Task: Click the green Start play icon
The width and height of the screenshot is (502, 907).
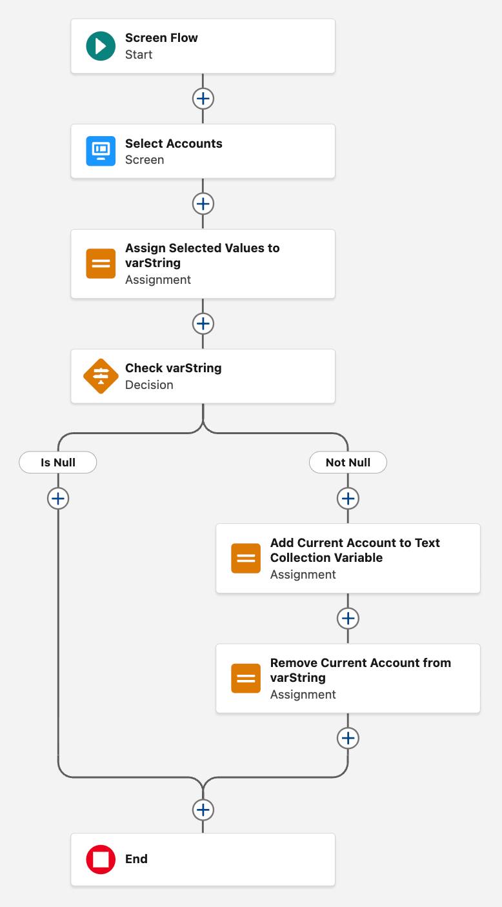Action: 101,46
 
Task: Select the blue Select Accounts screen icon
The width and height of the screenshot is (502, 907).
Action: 101,151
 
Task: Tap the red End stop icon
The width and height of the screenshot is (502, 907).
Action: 101,859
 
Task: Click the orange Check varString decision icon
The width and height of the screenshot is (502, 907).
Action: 101,376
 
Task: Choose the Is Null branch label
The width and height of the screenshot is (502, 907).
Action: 58,463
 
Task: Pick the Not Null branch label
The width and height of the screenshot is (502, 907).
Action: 348,463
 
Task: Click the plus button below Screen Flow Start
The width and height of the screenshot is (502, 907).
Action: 203,99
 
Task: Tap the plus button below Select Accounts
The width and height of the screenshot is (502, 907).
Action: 203,204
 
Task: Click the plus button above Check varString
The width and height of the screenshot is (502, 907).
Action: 203,323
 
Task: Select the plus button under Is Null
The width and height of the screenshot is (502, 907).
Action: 58,499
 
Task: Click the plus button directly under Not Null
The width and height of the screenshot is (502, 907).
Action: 348,499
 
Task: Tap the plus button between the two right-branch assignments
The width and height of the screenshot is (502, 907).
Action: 348,618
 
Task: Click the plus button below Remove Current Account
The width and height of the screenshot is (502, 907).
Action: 348,738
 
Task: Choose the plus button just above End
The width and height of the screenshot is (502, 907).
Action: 203,810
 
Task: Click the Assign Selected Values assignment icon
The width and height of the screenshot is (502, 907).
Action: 101,264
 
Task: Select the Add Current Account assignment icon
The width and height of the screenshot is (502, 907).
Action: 246,559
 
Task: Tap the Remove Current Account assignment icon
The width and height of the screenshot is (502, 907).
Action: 246,679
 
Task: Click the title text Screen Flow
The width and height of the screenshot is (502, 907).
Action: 161,38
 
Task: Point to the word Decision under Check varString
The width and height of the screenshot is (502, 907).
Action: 149,385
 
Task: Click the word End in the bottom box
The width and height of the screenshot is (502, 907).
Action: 136,859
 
